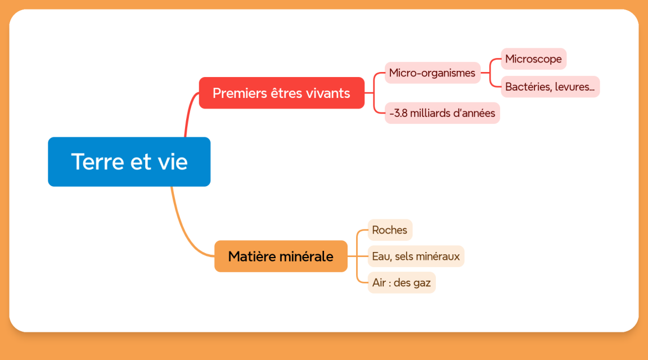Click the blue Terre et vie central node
point(129,161)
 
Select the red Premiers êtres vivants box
point(281,93)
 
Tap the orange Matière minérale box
point(281,256)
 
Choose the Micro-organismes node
point(432,73)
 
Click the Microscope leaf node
point(533,58)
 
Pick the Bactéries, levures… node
point(550,87)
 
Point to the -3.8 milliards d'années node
point(442,113)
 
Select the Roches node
point(390,230)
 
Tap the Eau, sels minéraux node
point(416,256)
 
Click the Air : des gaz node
point(401,283)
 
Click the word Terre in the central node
point(98,161)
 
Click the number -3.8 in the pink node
point(398,113)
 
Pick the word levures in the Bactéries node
point(575,87)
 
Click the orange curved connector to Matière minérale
point(184,230)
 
